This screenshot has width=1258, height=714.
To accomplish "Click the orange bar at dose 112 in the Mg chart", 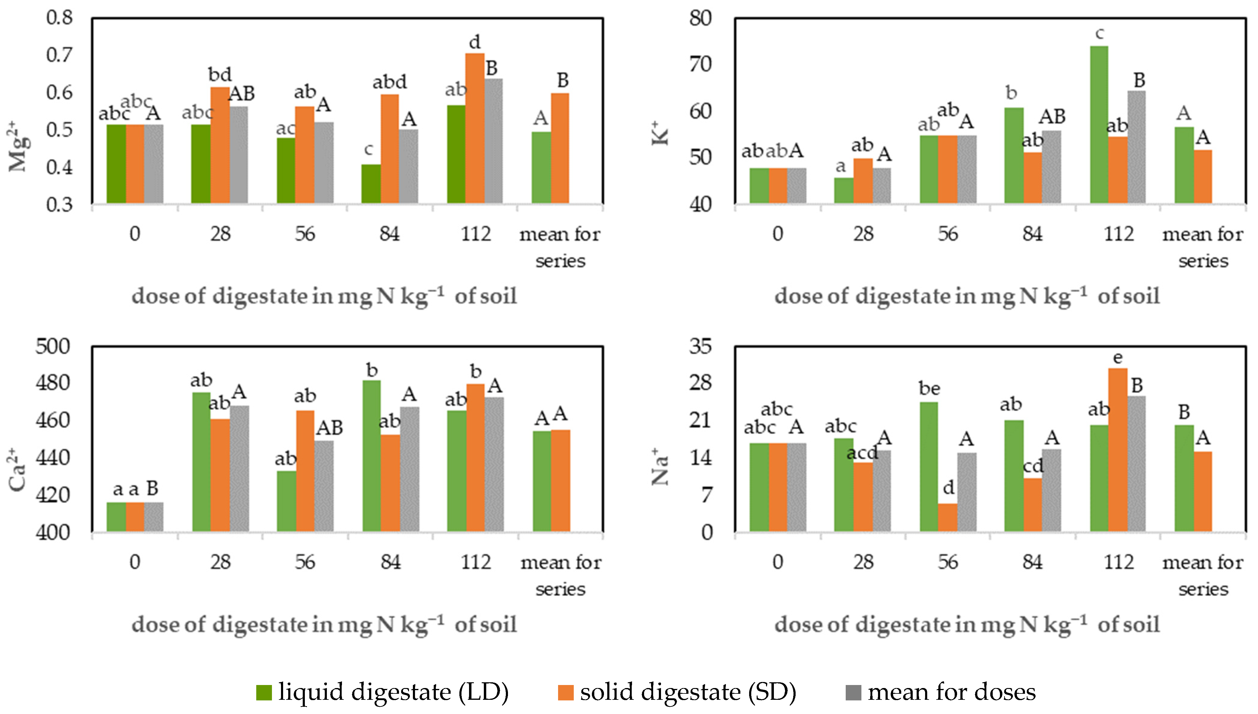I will point(474,128).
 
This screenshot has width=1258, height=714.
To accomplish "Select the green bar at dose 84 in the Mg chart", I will point(371,184).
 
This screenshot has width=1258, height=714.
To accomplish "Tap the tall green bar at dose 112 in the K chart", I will point(1099,125).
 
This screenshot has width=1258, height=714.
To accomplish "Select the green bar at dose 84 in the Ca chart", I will point(372,456).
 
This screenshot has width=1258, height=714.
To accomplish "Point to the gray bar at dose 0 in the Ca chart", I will point(154,517).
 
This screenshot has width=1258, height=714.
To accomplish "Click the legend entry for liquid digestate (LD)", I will point(382,692).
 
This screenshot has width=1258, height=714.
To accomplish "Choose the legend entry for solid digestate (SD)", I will point(677,692).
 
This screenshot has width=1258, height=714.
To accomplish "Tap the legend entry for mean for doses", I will point(940,692).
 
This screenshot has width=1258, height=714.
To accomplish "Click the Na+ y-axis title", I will point(660,467).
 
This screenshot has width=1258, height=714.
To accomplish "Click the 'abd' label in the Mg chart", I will point(390,82).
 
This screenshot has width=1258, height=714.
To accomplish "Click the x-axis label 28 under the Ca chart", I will point(221,562).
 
